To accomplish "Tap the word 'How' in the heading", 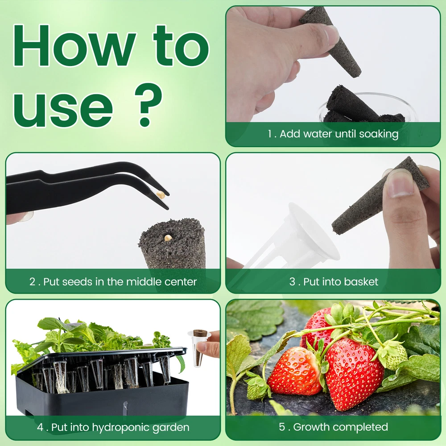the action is click(73, 46).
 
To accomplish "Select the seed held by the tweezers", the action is click(161, 194).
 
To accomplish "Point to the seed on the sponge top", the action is click(168, 237).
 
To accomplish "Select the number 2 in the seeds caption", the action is click(33, 282).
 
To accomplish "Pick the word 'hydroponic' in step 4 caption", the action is click(120, 428).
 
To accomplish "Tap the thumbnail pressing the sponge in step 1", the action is click(330, 37).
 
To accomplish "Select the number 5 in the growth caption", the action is click(281, 427).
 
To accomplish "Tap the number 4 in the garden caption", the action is click(41, 427).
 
